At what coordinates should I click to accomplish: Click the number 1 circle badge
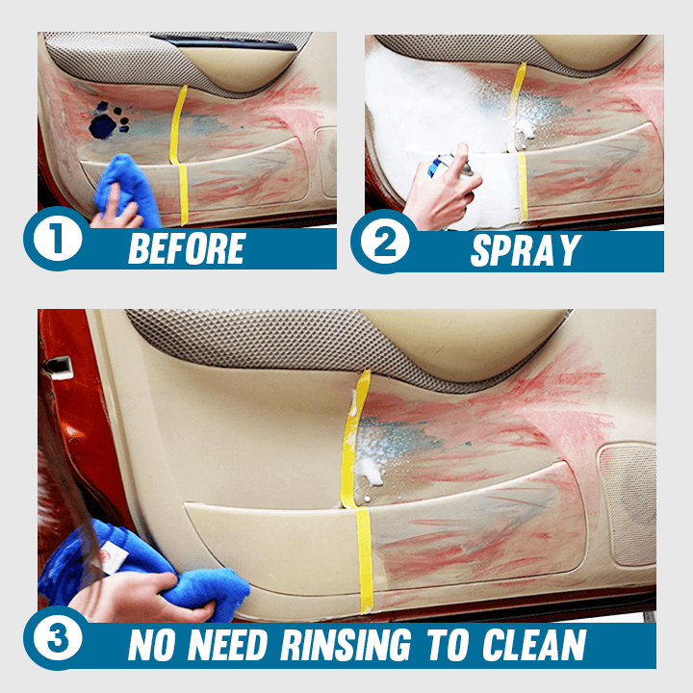[58, 239]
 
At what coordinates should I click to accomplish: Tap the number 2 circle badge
[385, 242]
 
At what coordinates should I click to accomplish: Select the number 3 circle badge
[58, 638]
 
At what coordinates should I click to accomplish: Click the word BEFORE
[187, 248]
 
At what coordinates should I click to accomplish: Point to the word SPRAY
[526, 250]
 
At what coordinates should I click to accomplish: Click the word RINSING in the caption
[346, 645]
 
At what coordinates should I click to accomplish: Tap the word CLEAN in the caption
[534, 645]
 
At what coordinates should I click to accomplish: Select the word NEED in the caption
[227, 645]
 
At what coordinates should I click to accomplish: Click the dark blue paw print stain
[108, 120]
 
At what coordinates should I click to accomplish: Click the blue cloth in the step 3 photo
[146, 570]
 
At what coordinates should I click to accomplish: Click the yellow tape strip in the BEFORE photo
[179, 155]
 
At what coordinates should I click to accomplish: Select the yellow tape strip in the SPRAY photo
[519, 141]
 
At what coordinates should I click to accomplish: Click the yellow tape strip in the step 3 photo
[358, 491]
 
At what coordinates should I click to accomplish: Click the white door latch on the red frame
[58, 368]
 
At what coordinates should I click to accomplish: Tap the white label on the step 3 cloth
[112, 559]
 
